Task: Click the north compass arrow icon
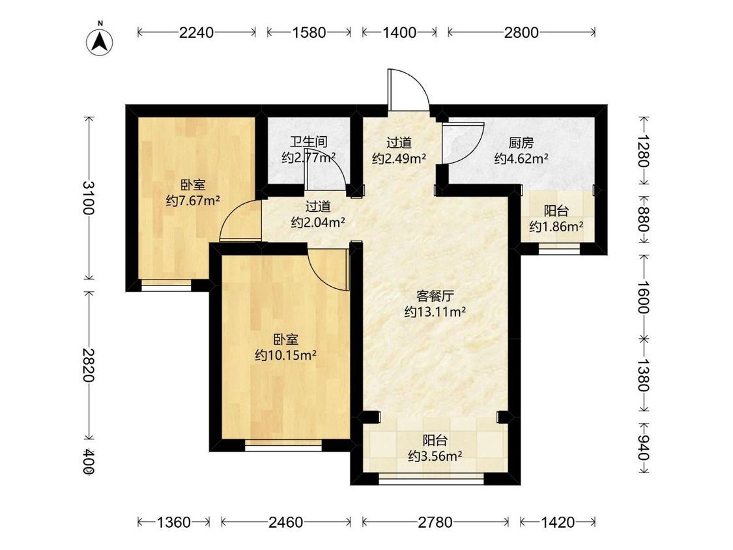[100, 41]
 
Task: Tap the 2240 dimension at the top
[197, 32]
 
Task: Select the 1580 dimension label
[309, 32]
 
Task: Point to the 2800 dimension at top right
[521, 32]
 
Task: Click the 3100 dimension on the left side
[90, 197]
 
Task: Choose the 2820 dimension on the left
[90, 364]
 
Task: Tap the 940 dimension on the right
[644, 449]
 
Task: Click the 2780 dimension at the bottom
[435, 522]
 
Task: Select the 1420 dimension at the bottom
[558, 522]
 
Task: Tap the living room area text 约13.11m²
[435, 311]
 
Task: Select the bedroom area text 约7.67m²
[192, 201]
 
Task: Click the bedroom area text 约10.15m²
[285, 355]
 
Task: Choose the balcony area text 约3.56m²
[435, 456]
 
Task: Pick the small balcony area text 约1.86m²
[556, 227]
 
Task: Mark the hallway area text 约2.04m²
[318, 222]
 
